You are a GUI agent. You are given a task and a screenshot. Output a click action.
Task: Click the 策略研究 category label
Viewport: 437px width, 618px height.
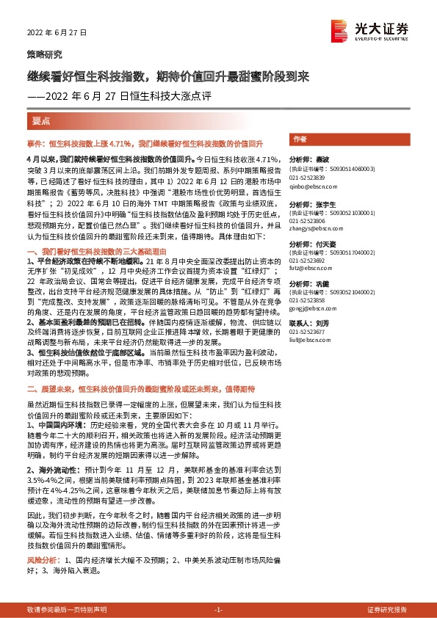point(44,55)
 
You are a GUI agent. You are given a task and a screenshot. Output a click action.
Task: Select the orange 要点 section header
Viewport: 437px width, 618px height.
point(41,120)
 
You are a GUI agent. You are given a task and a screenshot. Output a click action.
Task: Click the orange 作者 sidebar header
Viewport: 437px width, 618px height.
point(300,139)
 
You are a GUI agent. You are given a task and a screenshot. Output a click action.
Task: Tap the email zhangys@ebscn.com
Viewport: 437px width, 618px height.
point(314,230)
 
